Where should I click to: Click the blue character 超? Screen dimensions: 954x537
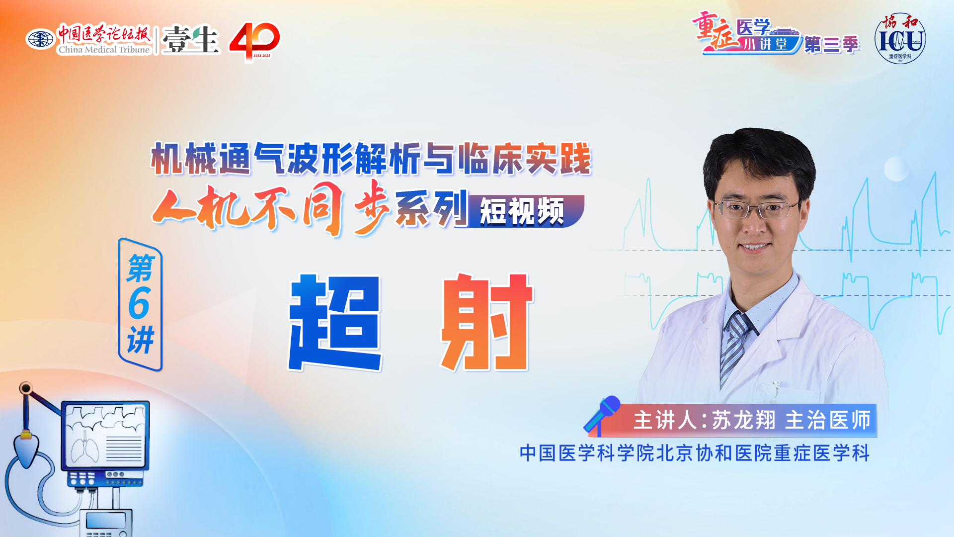[335, 322]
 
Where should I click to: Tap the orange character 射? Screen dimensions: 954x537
[487, 322]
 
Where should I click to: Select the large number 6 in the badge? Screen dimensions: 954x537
[139, 303]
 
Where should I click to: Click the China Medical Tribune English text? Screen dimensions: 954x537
[104, 49]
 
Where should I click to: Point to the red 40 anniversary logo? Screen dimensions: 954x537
[254, 41]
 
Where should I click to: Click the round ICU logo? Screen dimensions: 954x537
[900, 39]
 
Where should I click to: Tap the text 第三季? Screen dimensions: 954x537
[831, 45]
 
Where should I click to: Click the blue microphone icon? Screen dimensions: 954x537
[602, 414]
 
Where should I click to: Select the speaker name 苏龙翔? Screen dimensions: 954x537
[743, 420]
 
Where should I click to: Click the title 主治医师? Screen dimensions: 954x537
[828, 420]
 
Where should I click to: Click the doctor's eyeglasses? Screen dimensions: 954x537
[756, 209]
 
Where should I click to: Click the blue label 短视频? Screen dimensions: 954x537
[522, 211]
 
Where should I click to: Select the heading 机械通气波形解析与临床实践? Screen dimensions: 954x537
[371, 159]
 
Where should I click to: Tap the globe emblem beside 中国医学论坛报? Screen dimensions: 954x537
[40, 39]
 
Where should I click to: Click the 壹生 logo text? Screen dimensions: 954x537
[190, 39]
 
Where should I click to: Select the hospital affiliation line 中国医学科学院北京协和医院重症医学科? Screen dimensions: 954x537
[695, 453]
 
